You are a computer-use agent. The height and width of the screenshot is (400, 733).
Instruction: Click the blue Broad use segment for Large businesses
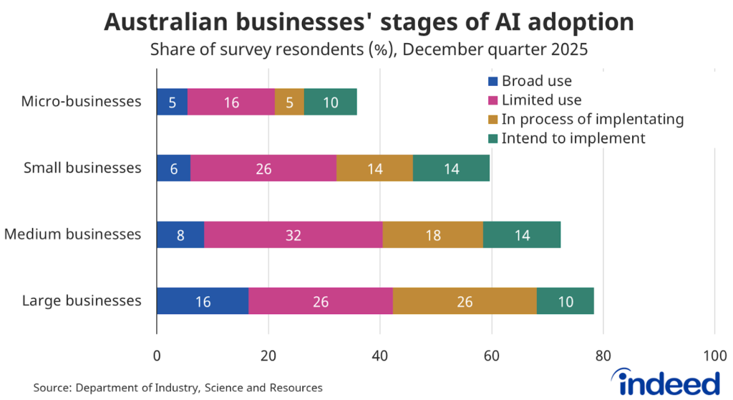[203, 301]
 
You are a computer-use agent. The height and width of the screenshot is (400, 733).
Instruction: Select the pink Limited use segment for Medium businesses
[293, 234]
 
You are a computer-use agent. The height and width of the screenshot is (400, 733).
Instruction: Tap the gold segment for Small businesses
[374, 168]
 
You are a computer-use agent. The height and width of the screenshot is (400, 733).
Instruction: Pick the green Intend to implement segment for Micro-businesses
[330, 102]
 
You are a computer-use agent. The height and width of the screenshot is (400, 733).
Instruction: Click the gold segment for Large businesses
[464, 301]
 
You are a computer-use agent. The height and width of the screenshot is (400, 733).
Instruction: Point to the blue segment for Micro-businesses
[172, 102]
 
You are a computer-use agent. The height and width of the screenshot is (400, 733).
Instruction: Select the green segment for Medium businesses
[521, 234]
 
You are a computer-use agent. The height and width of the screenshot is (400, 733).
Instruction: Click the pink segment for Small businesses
[263, 168]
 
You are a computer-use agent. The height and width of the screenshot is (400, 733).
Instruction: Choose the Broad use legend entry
[529, 81]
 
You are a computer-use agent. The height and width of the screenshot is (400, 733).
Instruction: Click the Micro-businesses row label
[80, 102]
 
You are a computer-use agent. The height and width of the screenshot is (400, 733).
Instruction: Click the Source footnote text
[178, 388]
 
